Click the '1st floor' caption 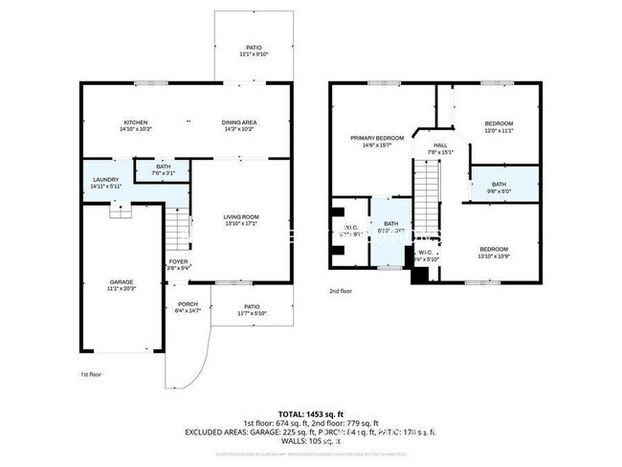[90, 375]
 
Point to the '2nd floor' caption [341, 291]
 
